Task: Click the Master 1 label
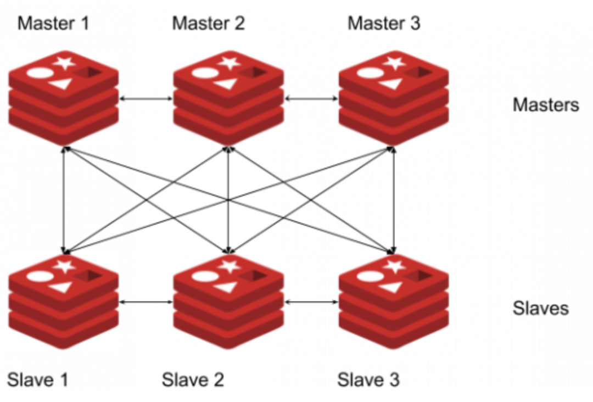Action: (x=53, y=24)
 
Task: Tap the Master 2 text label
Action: (x=209, y=24)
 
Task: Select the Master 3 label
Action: (x=384, y=24)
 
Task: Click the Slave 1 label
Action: (x=38, y=379)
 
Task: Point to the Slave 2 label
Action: (x=193, y=379)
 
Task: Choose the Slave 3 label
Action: (x=368, y=379)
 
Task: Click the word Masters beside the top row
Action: (x=545, y=105)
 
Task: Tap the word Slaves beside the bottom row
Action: (x=540, y=308)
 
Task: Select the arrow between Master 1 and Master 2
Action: (x=146, y=99)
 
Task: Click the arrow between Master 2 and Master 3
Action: (x=311, y=99)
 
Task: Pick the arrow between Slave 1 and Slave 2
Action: (x=146, y=302)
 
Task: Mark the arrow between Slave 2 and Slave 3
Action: (x=311, y=302)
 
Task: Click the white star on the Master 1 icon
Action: (x=65, y=62)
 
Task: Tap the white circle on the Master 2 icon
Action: (x=203, y=72)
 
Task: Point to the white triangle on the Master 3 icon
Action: (x=390, y=83)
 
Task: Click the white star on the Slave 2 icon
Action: (x=230, y=267)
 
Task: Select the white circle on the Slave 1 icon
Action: (x=38, y=276)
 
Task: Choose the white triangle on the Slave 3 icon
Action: (x=390, y=287)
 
